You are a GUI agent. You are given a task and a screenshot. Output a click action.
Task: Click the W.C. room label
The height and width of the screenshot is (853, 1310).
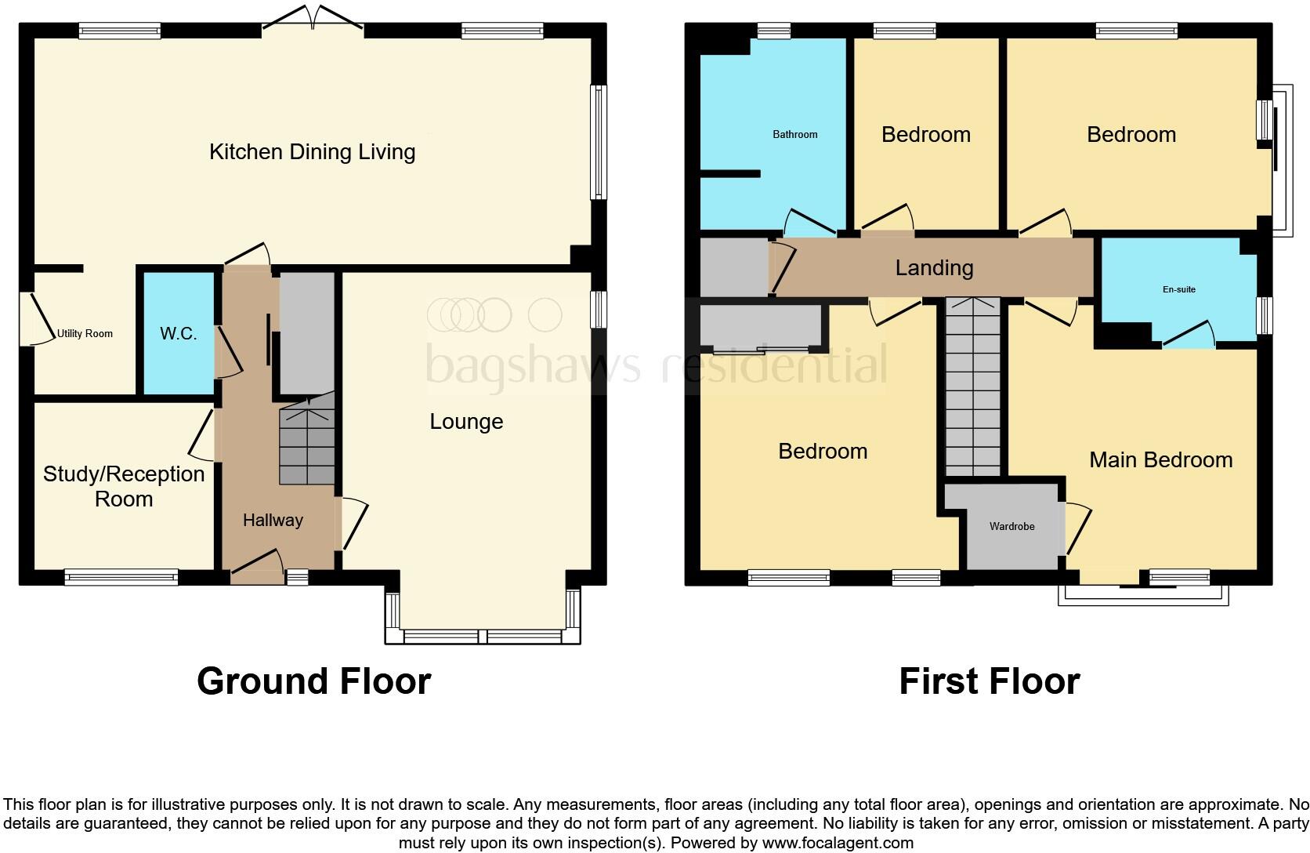[x=179, y=333]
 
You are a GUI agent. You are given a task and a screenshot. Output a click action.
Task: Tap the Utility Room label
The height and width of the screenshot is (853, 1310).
[x=85, y=333]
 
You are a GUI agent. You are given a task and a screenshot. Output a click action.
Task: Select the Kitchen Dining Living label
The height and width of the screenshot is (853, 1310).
[x=313, y=152]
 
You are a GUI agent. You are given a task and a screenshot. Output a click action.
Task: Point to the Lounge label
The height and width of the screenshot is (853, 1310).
[x=466, y=421]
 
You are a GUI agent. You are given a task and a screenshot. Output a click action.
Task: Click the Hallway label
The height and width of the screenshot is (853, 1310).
[x=273, y=520]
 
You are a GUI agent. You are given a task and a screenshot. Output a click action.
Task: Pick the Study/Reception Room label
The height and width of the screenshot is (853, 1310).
[x=124, y=486]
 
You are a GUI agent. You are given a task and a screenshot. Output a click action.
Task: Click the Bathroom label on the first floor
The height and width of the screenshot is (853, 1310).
[x=794, y=135]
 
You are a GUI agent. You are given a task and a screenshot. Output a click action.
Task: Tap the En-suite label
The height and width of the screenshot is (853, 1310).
[x=1179, y=289]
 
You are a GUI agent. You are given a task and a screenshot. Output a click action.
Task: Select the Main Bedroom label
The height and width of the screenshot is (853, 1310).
[x=1161, y=460]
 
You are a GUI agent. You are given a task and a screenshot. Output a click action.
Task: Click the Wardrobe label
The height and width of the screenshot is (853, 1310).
[x=1011, y=527]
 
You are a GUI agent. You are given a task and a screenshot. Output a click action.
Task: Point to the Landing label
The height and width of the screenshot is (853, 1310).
[x=935, y=268]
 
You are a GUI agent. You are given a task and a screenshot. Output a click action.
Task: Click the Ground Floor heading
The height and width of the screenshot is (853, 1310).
[x=314, y=681]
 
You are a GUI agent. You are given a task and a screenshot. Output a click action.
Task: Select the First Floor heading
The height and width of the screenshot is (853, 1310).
[x=990, y=681]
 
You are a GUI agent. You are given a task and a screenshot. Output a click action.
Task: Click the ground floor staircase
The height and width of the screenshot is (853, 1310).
[x=306, y=439]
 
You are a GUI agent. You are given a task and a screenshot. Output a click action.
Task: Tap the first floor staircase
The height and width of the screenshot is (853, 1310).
[x=972, y=387]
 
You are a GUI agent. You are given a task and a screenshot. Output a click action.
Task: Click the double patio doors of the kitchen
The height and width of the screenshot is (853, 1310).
[x=313, y=17]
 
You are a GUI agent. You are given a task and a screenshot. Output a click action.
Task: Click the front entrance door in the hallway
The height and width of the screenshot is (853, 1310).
[x=257, y=564]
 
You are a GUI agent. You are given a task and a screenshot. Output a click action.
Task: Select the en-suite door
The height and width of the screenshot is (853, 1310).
[x=1189, y=334]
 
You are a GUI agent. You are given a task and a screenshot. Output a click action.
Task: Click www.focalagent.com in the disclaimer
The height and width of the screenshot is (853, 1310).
[x=838, y=843]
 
